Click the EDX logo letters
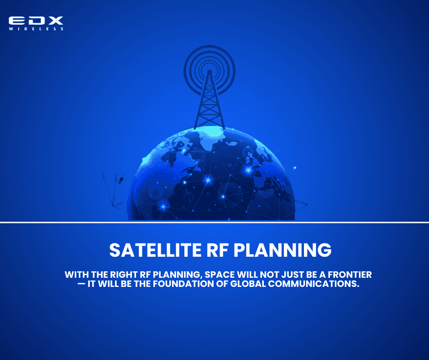tap(36, 21)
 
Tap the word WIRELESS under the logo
tap(36, 29)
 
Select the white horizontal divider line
tap(214, 223)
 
